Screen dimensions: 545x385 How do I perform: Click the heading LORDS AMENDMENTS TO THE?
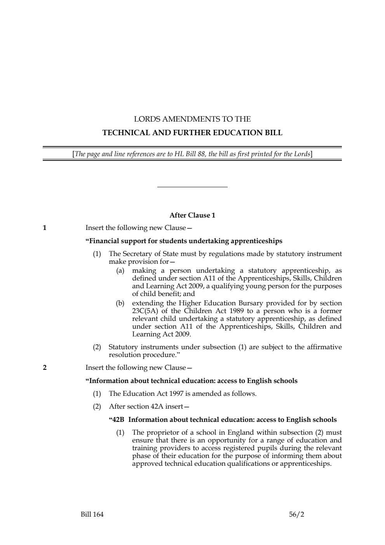coord(192,119)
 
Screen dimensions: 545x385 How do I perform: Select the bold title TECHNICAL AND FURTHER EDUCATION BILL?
coord(192,133)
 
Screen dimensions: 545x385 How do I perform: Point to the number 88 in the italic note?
coord(201,154)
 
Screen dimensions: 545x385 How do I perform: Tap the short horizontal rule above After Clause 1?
coord(192,187)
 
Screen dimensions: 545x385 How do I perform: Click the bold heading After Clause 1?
coord(192,215)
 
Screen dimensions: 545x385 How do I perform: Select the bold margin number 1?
coord(45,228)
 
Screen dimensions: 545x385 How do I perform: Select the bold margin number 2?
coord(45,367)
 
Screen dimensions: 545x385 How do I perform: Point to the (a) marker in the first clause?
coord(120,270)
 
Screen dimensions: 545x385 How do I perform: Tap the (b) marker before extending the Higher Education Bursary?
coord(120,303)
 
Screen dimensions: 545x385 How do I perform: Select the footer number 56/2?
coord(296,515)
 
